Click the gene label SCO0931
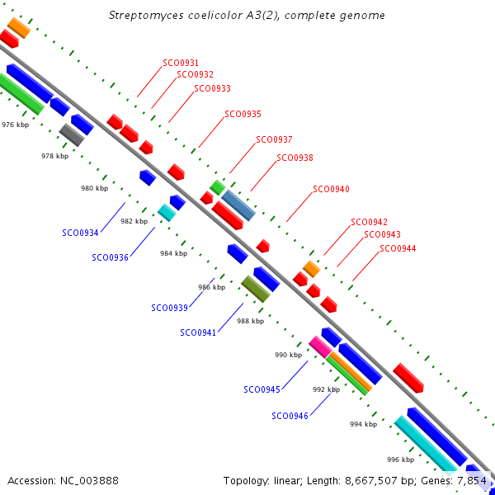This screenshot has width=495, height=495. [181, 63]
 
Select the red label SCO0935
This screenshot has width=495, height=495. [243, 114]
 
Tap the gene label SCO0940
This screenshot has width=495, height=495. [331, 189]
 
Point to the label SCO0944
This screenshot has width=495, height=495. [398, 248]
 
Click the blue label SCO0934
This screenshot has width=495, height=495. [80, 233]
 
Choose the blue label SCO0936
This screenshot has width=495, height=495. [110, 257]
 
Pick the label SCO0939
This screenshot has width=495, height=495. [169, 308]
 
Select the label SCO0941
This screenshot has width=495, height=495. [198, 332]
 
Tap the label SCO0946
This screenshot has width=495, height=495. [290, 416]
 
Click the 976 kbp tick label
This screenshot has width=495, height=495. [15, 125]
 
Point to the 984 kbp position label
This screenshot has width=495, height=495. [173, 253]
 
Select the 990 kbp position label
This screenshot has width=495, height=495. [288, 355]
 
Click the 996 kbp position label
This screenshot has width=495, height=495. [400, 460]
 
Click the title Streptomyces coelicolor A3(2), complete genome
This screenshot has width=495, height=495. [247, 16]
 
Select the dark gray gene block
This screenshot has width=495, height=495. [72, 134]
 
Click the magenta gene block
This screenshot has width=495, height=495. [319, 346]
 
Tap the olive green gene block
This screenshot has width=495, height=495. [256, 289]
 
